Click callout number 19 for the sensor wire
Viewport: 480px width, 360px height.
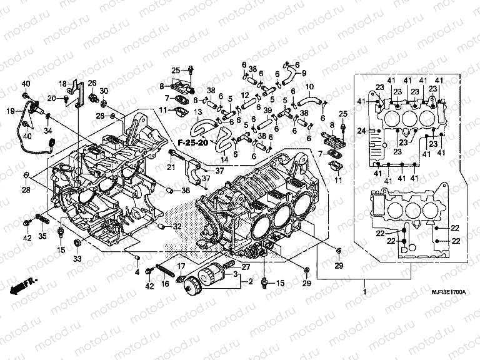pyautogui.click(x=10, y=111)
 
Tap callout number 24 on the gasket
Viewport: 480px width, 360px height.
pyautogui.click(x=361, y=131)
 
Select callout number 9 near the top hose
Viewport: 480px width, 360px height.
pyautogui.click(x=304, y=72)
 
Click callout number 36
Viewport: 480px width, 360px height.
pyautogui.click(x=186, y=190)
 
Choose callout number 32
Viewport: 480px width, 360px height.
pyautogui.click(x=177, y=226)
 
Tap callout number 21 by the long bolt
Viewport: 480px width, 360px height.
pyautogui.click(x=171, y=166)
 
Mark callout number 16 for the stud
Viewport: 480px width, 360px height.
pyautogui.click(x=166, y=284)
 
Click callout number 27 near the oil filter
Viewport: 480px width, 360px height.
pyautogui.click(x=245, y=267)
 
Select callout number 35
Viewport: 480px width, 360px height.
pyautogui.click(x=42, y=237)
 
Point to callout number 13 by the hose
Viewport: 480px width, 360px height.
pyautogui.click(x=197, y=112)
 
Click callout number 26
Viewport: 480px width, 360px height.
pyautogui.click(x=91, y=83)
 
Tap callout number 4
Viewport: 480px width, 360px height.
pyautogui.click(x=137, y=271)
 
